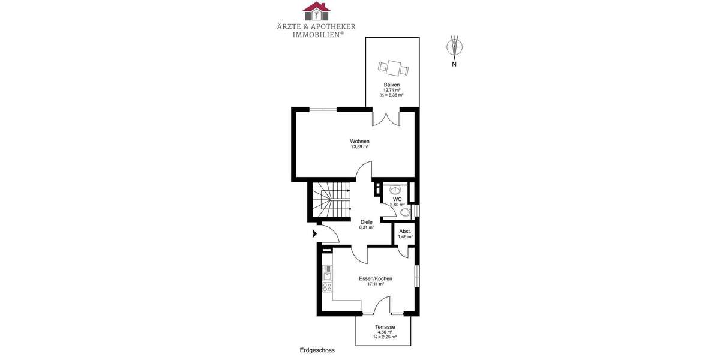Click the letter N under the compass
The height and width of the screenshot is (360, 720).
click(454, 64)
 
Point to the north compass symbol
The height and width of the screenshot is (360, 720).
click(455, 46)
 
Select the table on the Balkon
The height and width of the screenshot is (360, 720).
click(393, 67)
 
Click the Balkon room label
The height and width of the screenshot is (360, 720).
click(392, 85)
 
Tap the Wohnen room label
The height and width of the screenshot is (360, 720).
click(359, 142)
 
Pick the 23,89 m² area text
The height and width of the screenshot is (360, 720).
click(359, 147)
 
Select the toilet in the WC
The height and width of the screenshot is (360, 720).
click(405, 212)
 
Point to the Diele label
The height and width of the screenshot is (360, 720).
click(367, 222)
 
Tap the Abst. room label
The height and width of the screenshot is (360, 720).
click(405, 231)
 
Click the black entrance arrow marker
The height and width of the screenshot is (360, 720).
click(314, 233)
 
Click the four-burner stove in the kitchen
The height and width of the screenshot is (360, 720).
click(328, 287)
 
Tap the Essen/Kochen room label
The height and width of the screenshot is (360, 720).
click(376, 278)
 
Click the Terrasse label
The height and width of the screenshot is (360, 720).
click(384, 327)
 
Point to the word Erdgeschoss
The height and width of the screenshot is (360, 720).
click(317, 350)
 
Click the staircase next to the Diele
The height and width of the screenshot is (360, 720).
click(333, 201)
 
